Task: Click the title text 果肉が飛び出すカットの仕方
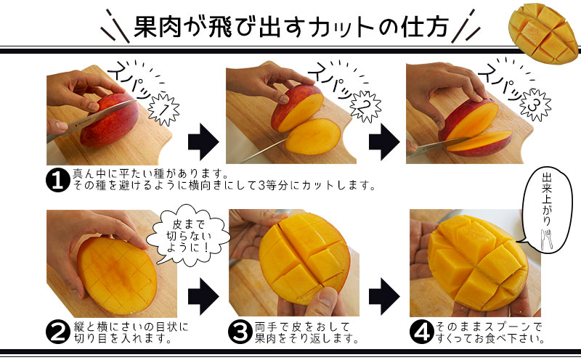click(290, 28)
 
